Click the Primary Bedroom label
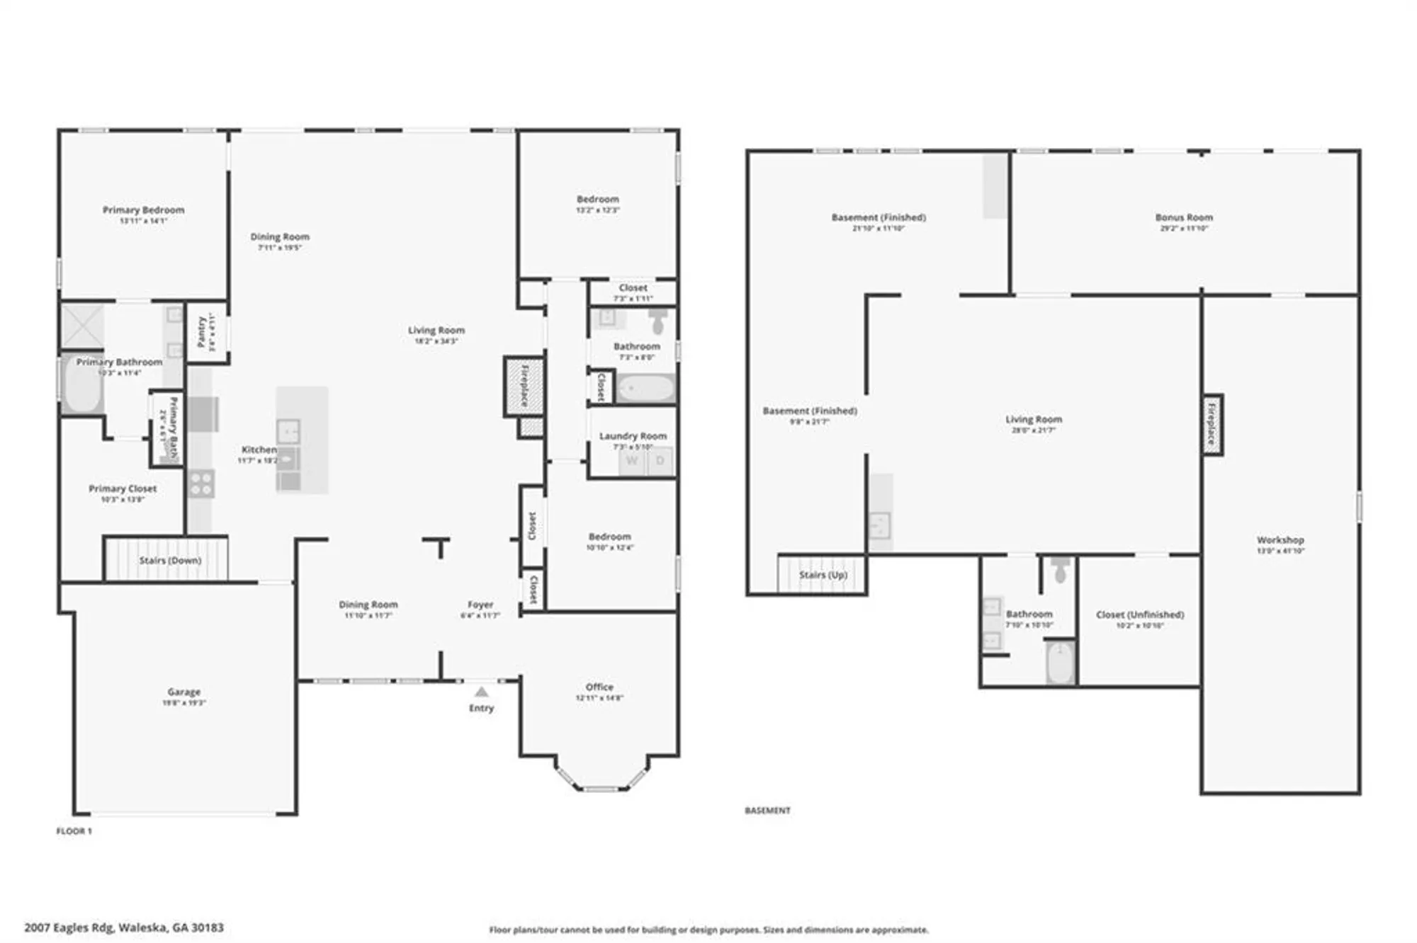[143, 210]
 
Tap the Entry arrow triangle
[481, 692]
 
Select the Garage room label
[184, 692]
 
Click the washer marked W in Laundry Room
[632, 461]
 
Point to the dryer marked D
[660, 461]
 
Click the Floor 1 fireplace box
[524, 386]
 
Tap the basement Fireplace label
[1212, 424]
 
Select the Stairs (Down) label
[170, 560]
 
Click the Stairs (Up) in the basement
[823, 574]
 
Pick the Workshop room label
[1280, 539]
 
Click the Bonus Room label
[1183, 217]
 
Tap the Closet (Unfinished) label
[1139, 615]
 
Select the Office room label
[599, 687]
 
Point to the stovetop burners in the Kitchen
[201, 484]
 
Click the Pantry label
[202, 331]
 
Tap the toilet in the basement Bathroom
[1060, 570]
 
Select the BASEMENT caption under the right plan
[767, 811]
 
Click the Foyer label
[480, 605]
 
